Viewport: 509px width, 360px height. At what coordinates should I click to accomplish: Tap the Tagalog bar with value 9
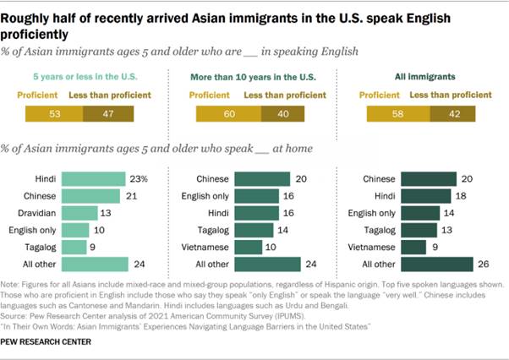click(x=74, y=247)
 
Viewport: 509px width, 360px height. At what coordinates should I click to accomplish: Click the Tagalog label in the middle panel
click(x=214, y=230)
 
